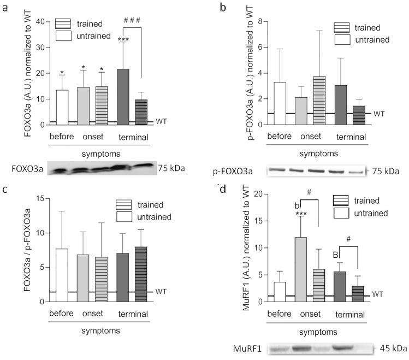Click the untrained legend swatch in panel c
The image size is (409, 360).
125,217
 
